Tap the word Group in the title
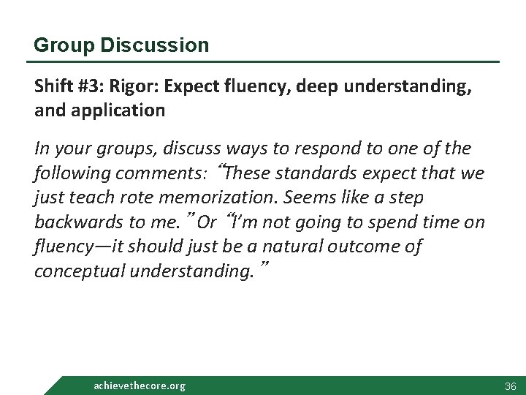(61, 45)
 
